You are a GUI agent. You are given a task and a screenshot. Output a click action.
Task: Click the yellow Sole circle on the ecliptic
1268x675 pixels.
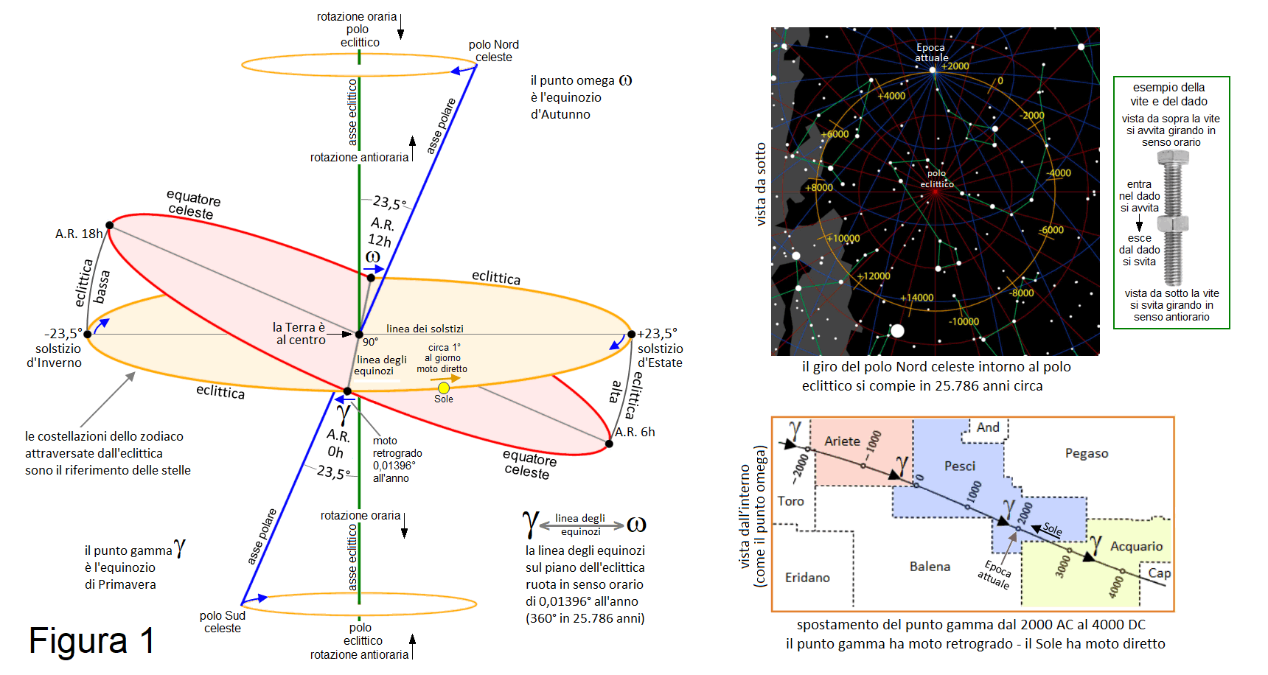point(443,388)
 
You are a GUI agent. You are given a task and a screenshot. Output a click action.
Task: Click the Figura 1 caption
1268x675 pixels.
point(91,640)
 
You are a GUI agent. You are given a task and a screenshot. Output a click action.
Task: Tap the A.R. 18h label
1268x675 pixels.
point(79,234)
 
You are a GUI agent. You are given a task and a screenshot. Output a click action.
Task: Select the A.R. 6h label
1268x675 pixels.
point(635,432)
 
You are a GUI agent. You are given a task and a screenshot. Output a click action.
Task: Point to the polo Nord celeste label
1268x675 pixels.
point(493,51)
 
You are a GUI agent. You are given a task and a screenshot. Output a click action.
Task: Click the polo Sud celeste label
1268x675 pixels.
point(222,621)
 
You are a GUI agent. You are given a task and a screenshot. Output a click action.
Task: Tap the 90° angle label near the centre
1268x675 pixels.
point(370,342)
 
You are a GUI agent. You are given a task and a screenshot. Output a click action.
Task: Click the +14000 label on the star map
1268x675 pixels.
point(916,298)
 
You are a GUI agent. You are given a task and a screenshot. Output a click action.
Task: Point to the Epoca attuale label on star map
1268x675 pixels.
point(931,52)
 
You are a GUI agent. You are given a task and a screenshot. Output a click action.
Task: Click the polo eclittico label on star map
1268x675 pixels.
point(936,179)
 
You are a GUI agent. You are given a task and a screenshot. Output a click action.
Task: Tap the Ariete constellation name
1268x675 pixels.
point(842,441)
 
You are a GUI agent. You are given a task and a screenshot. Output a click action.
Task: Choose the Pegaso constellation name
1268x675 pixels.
point(1086,453)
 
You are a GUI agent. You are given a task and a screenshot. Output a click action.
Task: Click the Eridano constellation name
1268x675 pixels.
point(807,577)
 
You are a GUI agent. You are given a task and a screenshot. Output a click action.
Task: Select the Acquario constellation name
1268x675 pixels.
point(1136,546)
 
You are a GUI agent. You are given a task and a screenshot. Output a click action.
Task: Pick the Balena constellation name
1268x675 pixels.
point(930,566)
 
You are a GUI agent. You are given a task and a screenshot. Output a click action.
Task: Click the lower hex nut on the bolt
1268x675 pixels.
point(1172,223)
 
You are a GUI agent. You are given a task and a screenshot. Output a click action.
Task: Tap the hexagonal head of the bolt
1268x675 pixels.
point(1172,157)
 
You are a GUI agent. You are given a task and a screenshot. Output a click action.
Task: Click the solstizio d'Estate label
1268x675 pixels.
point(660,355)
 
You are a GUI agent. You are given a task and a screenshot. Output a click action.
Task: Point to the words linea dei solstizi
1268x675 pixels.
point(425,329)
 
